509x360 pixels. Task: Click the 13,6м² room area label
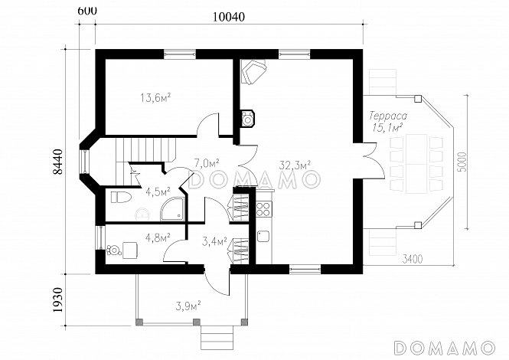155,97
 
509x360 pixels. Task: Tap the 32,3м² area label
295,165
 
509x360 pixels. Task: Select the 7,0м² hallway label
207,163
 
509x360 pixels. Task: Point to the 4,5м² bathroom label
158,192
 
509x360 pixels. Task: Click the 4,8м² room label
158,238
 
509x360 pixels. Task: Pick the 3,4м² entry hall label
214,242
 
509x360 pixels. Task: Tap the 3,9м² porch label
188,306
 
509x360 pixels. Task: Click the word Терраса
388,116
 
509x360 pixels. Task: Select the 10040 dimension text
229,17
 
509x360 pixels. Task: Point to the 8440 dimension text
57,162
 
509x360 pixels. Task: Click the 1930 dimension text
57,299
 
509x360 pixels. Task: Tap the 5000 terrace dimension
462,162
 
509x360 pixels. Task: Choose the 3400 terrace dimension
413,260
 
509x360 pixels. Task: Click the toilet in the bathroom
121,197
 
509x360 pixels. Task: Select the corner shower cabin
173,209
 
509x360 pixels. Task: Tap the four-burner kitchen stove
263,208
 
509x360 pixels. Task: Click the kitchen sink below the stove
263,236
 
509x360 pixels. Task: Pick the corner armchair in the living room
253,71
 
